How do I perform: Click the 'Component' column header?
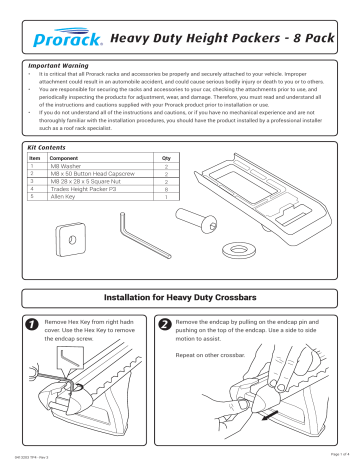pos(69,158)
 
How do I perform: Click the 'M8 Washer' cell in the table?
pos(66,166)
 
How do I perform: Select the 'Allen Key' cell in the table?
pos(65,198)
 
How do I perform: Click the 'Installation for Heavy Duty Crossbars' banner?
pos(180,299)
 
